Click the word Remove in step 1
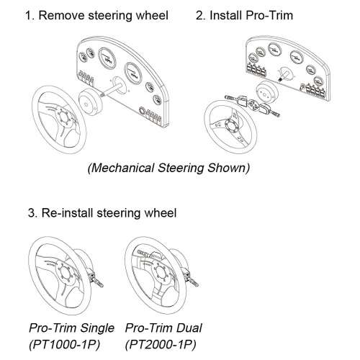pos(61,15)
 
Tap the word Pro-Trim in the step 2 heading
pos(269,15)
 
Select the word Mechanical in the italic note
pos(121,168)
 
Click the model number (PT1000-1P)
pos(64,345)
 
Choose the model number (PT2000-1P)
pos(161,345)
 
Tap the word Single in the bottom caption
pos(96,328)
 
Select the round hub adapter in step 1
pos(91,102)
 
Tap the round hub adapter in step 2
pos(266,91)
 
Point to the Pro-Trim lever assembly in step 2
pos(252,106)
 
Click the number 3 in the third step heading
pos(32,213)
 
